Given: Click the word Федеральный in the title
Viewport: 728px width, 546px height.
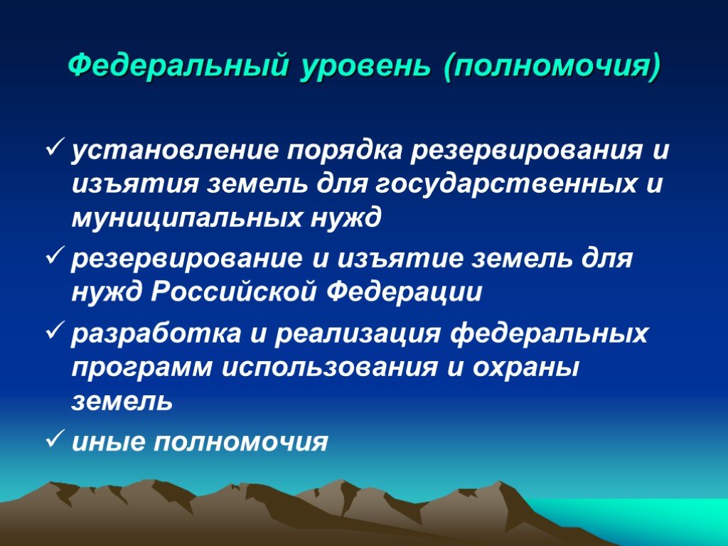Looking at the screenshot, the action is [178, 66].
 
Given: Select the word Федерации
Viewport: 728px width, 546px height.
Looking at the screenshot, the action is [404, 292].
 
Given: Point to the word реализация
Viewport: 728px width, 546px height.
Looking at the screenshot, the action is [358, 333].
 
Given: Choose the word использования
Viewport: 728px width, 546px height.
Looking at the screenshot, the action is [330, 368].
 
